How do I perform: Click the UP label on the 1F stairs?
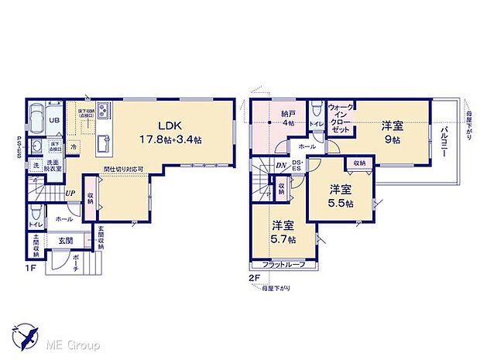click(x=70, y=194)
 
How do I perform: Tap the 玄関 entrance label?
click(x=65, y=242)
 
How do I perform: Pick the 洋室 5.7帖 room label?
click(x=283, y=231)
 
